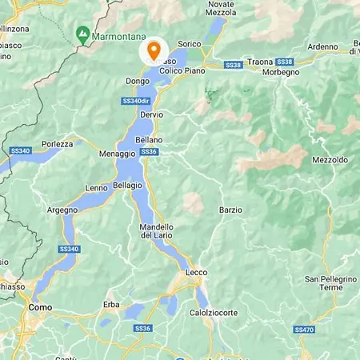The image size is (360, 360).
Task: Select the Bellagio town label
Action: [128, 185]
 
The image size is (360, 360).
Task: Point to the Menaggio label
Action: [118, 153]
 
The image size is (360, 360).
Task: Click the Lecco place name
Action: [196, 273]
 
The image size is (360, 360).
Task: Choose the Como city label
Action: [40, 306]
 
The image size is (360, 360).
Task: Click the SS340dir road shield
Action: [137, 101]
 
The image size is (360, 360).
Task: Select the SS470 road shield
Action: [304, 329]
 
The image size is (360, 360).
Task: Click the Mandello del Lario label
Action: [157, 230]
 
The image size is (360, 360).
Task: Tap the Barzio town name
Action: [230, 210]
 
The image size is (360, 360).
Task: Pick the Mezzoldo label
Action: [330, 160]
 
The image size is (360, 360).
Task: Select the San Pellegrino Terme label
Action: [323, 282]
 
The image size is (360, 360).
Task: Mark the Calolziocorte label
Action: [214, 313]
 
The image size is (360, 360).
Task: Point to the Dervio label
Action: [151, 114]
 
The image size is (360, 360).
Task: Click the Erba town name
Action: [111, 305]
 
